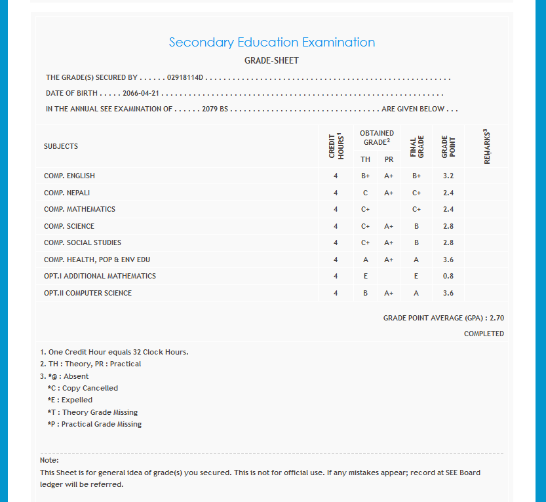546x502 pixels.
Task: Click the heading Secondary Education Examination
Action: pyautogui.click(x=272, y=43)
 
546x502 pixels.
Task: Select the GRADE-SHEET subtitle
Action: pyautogui.click(x=271, y=61)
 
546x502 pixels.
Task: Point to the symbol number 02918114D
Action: pyautogui.click(x=186, y=78)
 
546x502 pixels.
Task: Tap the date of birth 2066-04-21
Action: pyautogui.click(x=142, y=93)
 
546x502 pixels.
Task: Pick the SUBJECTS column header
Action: pyautogui.click(x=61, y=146)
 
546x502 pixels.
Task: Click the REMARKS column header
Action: pyautogui.click(x=486, y=146)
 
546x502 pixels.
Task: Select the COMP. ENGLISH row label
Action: pyautogui.click(x=69, y=176)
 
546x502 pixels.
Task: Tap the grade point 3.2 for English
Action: pyautogui.click(x=448, y=176)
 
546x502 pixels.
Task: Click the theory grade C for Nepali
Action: pyautogui.click(x=365, y=193)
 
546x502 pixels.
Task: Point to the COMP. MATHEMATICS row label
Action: pyautogui.click(x=79, y=210)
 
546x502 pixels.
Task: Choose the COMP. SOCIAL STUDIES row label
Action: pyautogui.click(x=83, y=243)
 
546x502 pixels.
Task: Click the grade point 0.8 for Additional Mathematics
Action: pyautogui.click(x=448, y=277)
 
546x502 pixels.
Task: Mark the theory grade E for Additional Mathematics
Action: pyautogui.click(x=365, y=277)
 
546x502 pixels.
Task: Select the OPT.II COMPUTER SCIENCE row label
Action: pyautogui.click(x=88, y=293)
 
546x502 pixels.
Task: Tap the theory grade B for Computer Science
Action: pyautogui.click(x=365, y=293)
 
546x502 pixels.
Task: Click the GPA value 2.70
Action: pyautogui.click(x=497, y=318)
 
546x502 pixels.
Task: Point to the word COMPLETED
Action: pyautogui.click(x=484, y=334)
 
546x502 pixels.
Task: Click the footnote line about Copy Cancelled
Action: pyautogui.click(x=83, y=388)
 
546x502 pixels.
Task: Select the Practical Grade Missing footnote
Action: pyautogui.click(x=94, y=424)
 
